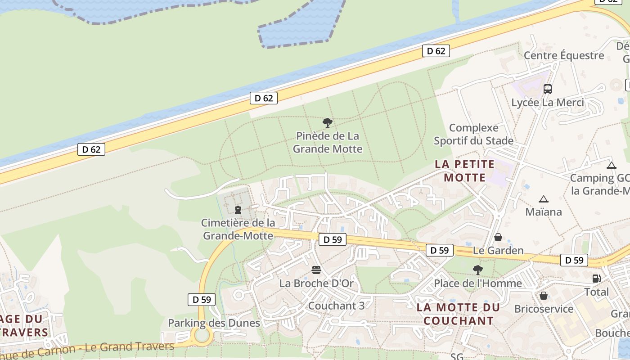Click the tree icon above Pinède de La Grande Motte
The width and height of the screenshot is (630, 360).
pos(328,122)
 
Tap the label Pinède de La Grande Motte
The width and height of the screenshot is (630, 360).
pos(328,142)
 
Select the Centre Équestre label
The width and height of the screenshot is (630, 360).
pos(564,56)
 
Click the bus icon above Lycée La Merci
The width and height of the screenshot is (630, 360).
pos(547,89)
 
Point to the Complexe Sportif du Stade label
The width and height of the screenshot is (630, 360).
pos(473,135)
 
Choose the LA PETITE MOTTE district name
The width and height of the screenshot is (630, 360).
pos(465,171)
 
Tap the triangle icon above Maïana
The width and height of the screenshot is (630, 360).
pos(543,199)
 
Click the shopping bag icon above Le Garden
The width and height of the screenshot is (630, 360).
pos(498,237)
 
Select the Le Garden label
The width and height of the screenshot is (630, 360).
pos(498,251)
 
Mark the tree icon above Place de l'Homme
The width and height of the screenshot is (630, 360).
pos(477,270)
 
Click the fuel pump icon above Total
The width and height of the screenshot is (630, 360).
pos(596,279)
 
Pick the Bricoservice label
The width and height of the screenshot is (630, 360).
pos(544,309)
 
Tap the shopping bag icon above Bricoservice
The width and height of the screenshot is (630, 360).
pos(544,296)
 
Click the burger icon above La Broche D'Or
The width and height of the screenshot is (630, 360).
pos(316,270)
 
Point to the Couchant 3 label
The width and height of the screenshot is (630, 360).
pos(336,306)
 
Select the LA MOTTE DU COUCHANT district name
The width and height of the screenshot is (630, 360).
pos(458,314)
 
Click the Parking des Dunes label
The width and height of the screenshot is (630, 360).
pos(214,323)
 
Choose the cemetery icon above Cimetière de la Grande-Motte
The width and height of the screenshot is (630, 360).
pos(238,210)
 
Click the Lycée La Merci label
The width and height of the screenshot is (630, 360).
pos(547,103)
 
